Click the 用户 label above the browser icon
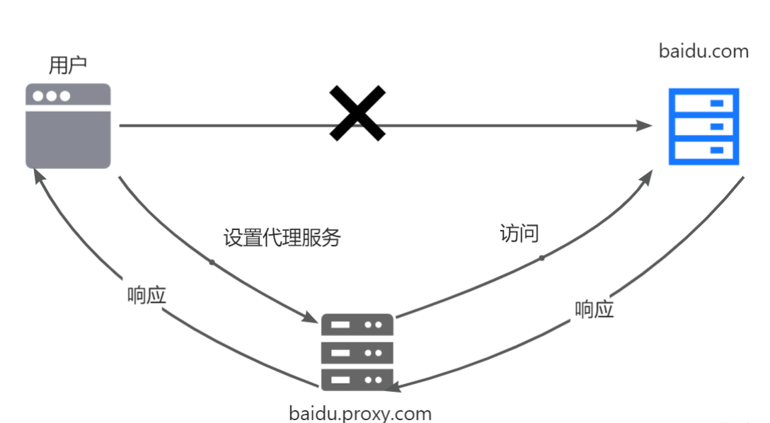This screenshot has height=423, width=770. (68, 65)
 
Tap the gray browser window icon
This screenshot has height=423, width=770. (68, 126)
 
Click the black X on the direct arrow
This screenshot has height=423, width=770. (357, 113)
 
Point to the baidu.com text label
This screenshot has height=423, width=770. (703, 51)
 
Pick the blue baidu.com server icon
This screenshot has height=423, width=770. (703, 127)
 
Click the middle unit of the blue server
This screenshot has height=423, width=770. (703, 127)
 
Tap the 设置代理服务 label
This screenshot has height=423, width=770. (282, 238)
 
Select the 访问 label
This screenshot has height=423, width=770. (519, 234)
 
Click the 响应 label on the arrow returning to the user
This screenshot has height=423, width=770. (147, 295)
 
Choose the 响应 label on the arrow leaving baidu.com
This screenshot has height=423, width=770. (594, 309)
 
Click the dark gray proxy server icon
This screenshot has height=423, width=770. (357, 352)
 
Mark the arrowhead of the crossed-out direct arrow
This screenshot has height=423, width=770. (644, 126)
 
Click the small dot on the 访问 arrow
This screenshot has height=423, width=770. (542, 257)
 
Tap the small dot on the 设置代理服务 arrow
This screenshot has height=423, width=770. (211, 262)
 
